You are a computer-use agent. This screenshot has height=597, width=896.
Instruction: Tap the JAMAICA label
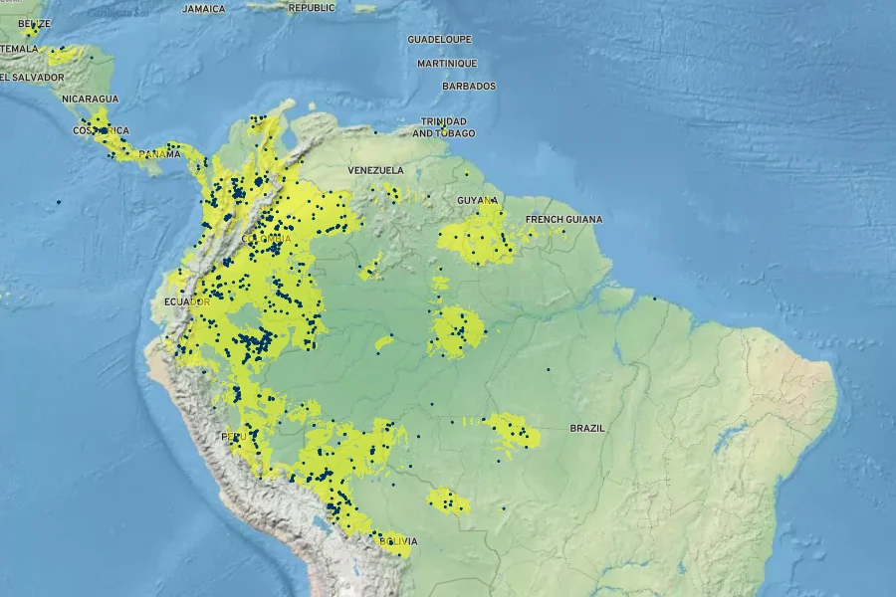204,8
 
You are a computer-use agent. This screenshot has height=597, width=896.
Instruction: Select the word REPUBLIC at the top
312,8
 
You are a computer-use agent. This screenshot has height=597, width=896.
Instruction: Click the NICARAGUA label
90,99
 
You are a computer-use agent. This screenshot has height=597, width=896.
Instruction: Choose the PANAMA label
159,154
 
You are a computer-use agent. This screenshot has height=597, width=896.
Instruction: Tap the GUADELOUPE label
439,39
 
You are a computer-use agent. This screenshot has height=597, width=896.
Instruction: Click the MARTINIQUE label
447,63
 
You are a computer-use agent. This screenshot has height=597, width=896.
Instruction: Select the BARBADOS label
468,87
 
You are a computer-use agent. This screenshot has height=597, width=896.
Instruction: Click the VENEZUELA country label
375,170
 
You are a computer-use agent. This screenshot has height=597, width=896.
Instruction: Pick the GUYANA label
477,200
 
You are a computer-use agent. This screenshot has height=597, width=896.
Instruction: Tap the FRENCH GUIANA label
563,219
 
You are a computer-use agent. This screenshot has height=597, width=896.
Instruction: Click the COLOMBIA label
267,239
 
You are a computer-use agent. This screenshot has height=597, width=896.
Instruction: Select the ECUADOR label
186,302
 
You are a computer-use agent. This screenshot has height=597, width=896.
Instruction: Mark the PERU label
234,438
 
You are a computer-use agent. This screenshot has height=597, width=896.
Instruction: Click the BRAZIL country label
586,428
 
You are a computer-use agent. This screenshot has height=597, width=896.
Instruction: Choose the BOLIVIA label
397,541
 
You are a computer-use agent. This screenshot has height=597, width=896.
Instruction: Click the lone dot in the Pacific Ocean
58,202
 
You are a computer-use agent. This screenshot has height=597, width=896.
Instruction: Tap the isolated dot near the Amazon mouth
655,298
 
